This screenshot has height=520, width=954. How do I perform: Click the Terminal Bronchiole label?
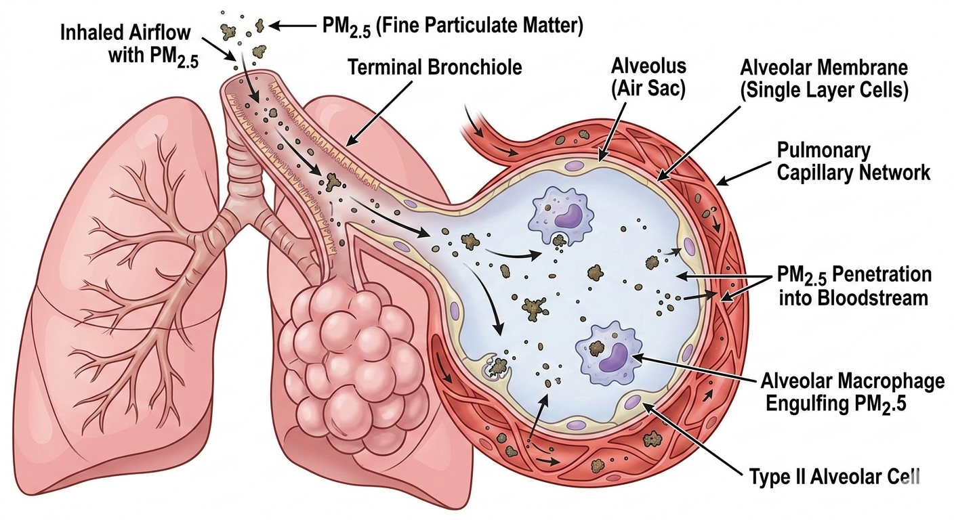point(435,67)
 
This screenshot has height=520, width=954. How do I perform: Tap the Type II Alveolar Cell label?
point(834,477)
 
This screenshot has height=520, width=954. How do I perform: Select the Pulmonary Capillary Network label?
point(854,162)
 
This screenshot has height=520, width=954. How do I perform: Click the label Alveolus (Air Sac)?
point(648,78)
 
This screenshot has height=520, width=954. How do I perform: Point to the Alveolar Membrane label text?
point(824,68)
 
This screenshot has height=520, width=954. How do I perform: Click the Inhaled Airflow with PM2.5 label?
point(129,44)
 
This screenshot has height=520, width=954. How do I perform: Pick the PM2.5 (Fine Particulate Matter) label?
point(453,26)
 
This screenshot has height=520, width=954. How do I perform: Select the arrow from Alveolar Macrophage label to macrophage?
point(694,368)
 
